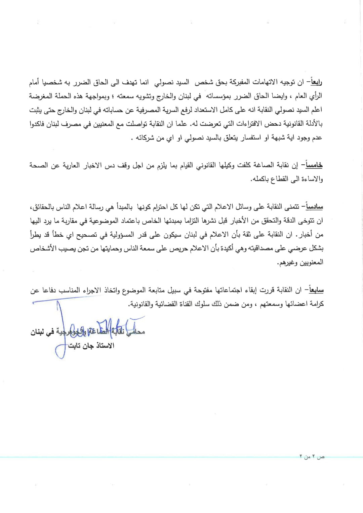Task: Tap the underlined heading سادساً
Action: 313,207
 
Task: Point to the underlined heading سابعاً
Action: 314,290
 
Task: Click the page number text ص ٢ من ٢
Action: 312,457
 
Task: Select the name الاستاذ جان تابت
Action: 91,346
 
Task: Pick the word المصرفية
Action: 158,110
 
